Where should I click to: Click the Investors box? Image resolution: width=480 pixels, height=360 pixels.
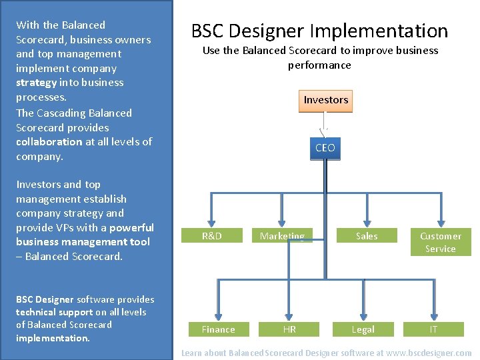coord(326,100)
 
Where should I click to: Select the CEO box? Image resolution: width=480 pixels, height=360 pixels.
coord(325,148)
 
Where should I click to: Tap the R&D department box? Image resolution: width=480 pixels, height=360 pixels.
coord(211,236)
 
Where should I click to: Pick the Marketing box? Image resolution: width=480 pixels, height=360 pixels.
coord(282,236)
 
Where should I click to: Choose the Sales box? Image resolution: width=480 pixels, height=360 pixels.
coord(366,236)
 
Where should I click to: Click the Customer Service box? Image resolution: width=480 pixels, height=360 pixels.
coord(440,242)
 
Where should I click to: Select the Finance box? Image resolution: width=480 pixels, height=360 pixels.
coord(218,329)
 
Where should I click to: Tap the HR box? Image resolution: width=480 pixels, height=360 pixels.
coord(289,329)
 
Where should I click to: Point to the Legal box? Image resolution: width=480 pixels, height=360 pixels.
coord(363,329)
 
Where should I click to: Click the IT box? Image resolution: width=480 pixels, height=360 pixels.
coord(433,329)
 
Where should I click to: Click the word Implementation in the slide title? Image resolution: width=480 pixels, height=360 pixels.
coord(379,31)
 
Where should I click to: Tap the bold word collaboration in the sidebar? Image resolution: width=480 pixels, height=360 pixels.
coord(49,141)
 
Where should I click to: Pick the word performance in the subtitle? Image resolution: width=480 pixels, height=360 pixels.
coord(319,65)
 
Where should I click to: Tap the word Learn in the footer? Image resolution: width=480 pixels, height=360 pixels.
coord(193,353)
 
